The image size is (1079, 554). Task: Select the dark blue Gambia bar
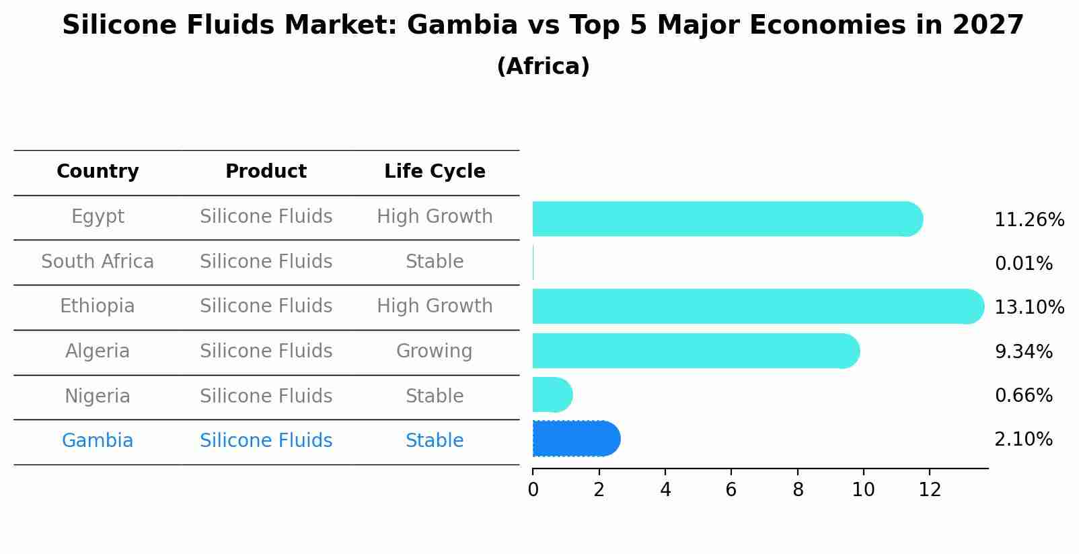pos(576,439)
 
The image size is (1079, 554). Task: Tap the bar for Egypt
pos(727,219)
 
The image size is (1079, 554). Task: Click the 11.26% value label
pos(1029,220)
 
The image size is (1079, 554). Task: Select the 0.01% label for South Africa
pos(1023,264)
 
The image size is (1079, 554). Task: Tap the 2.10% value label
pos(1023,440)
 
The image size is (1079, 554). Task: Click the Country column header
pos(98,172)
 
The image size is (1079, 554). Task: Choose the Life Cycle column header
pos(435,172)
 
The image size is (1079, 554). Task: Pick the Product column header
pos(266,172)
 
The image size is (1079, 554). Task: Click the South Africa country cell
pos(98,262)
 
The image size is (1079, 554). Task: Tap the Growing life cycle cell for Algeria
pos(435,351)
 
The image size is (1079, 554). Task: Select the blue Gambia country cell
pos(98,441)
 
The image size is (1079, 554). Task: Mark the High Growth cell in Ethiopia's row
pos(435,306)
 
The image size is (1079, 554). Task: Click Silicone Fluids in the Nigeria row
pos(266,396)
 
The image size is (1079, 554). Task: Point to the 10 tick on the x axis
pos(863,490)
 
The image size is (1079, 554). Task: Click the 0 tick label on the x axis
pos(533,490)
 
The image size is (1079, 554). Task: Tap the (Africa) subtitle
pos(543,67)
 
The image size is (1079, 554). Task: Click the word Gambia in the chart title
pos(462,26)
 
